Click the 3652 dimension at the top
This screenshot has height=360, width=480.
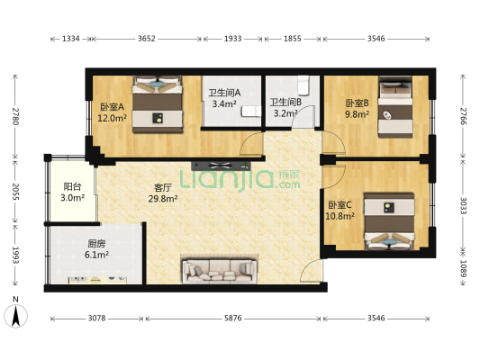147,39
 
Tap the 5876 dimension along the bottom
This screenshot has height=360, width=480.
233,319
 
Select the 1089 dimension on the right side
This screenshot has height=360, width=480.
464,268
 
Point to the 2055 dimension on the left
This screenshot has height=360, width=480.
15,192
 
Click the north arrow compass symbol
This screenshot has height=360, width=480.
16,312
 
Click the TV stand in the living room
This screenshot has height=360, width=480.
221,166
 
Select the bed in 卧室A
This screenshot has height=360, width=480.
158,104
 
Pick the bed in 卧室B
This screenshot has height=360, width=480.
395,107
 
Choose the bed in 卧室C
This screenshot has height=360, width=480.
389,220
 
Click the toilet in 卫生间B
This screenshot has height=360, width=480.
303,85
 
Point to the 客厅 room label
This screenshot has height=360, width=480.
162,187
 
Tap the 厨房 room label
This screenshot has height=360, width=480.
96,244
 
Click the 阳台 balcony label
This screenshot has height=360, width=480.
72,186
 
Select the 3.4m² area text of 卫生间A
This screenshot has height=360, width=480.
224,103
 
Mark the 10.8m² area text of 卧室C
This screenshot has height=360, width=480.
340,216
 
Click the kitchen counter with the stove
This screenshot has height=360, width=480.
97,280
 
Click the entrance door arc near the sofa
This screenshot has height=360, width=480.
310,270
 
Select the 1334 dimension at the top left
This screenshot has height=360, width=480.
71,39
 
